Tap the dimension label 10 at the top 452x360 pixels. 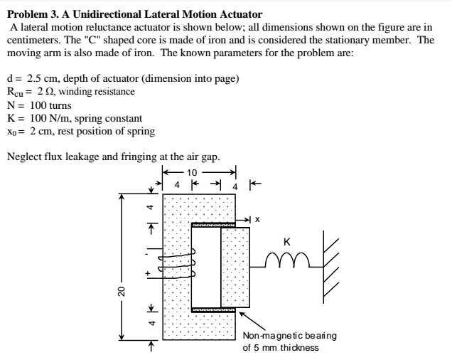click(193, 172)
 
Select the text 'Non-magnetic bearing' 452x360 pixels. click(289, 336)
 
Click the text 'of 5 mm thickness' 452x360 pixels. click(281, 348)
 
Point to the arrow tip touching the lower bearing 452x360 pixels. click(240, 312)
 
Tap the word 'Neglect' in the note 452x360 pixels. click(25, 157)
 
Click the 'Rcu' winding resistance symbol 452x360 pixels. click(16, 91)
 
